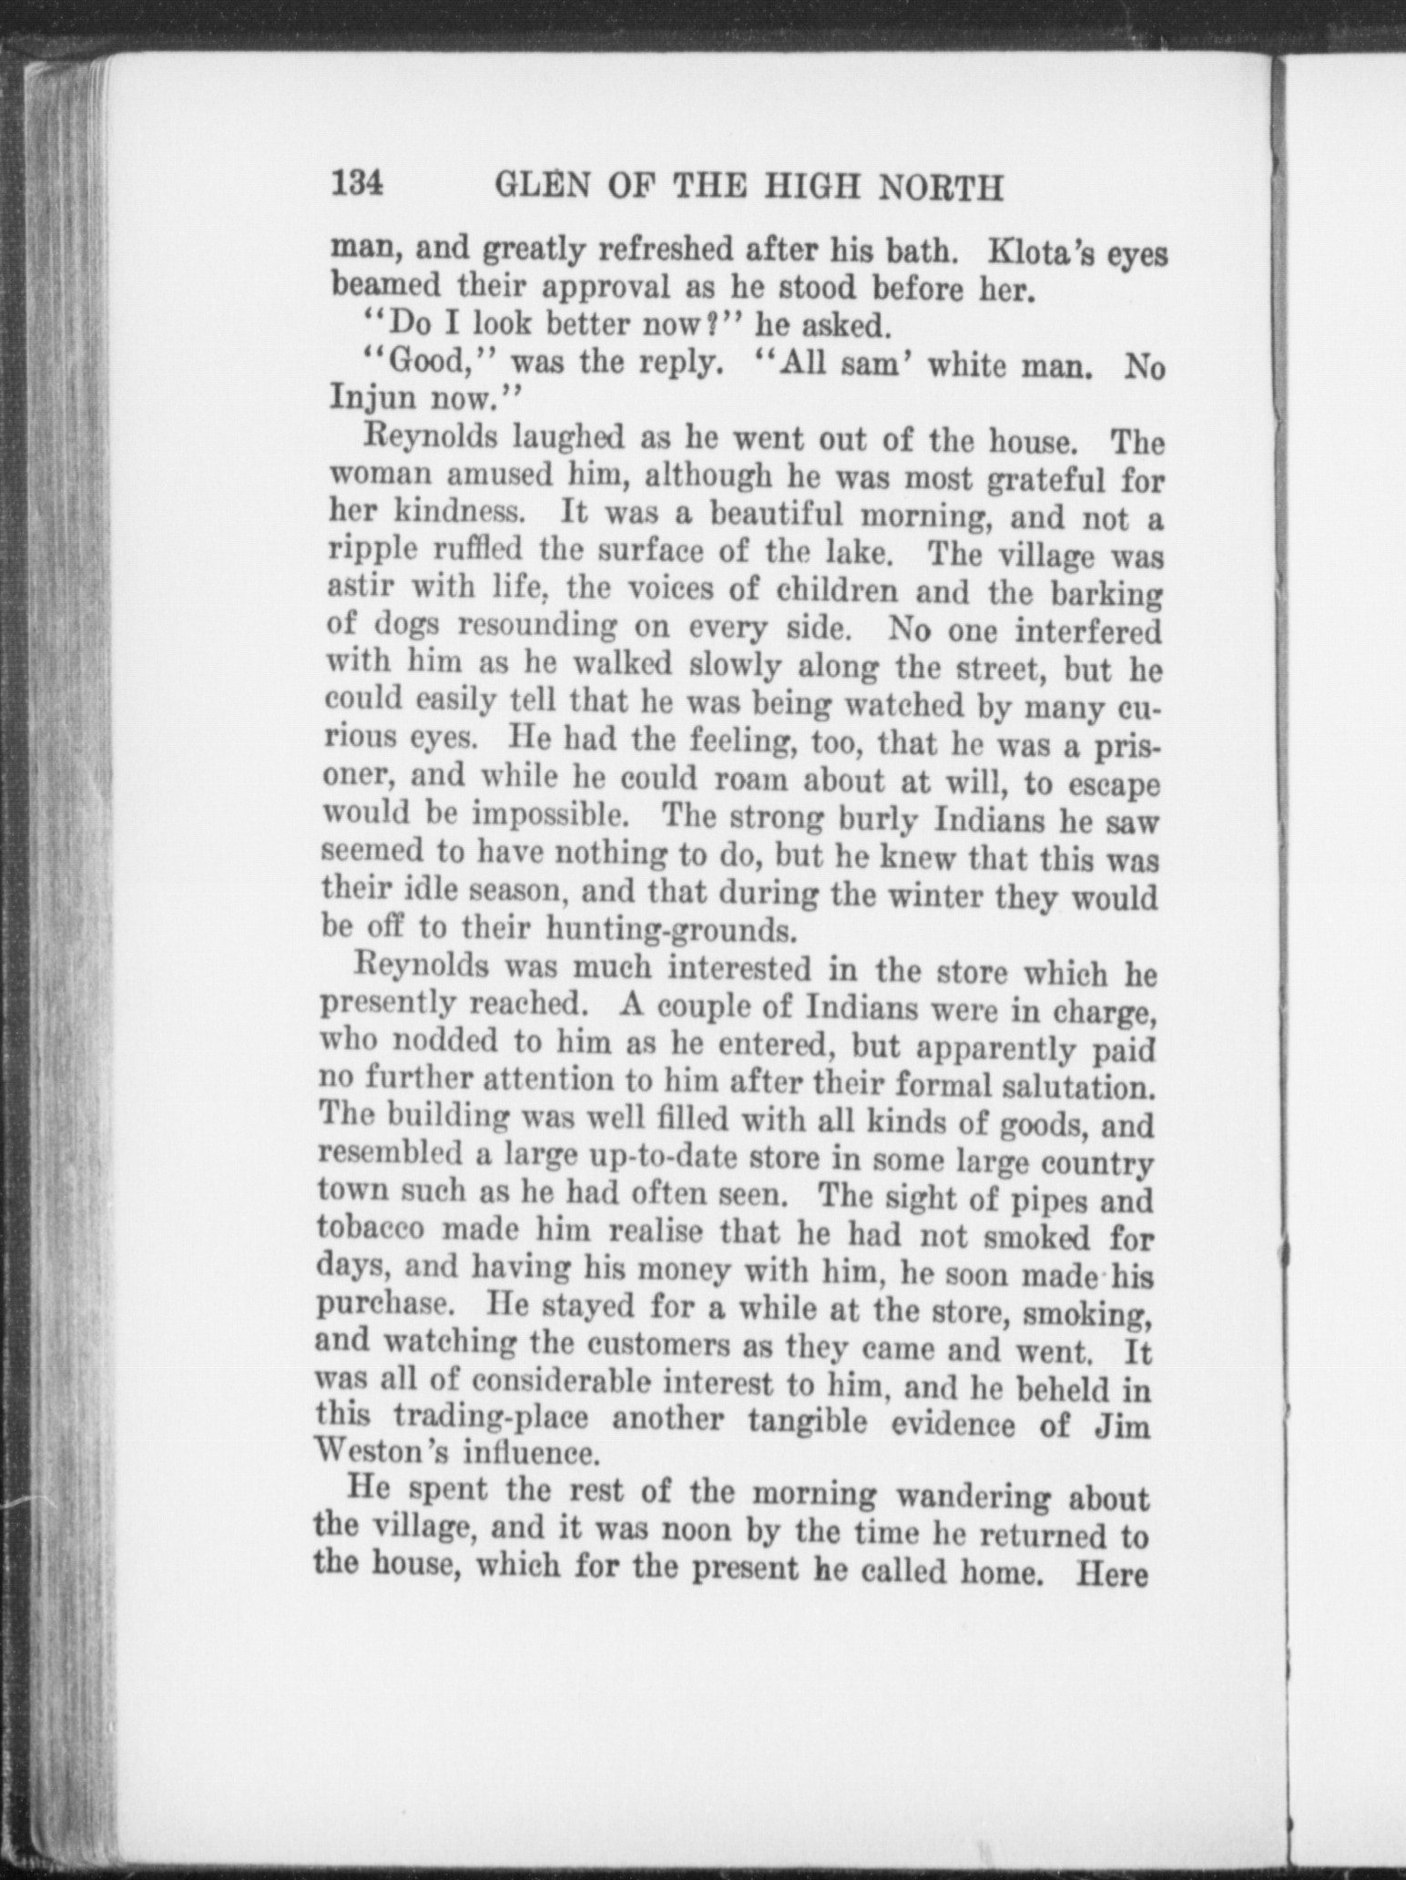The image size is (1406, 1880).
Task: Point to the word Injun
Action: pyautogui.click(x=371, y=398)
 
